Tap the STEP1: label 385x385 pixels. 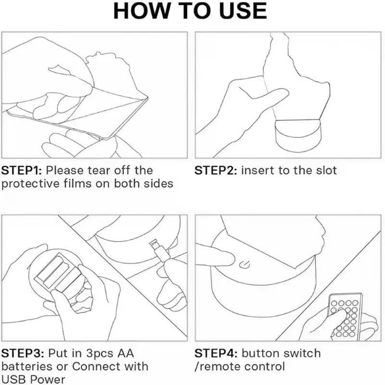click(22, 170)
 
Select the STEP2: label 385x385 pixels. click(216, 170)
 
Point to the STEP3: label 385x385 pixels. click(23, 353)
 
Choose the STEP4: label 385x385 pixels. click(216, 353)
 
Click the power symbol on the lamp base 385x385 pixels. click(244, 265)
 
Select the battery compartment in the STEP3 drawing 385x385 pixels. click(58, 272)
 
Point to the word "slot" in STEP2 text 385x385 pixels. click(326, 170)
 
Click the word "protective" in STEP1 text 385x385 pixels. click(30, 184)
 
